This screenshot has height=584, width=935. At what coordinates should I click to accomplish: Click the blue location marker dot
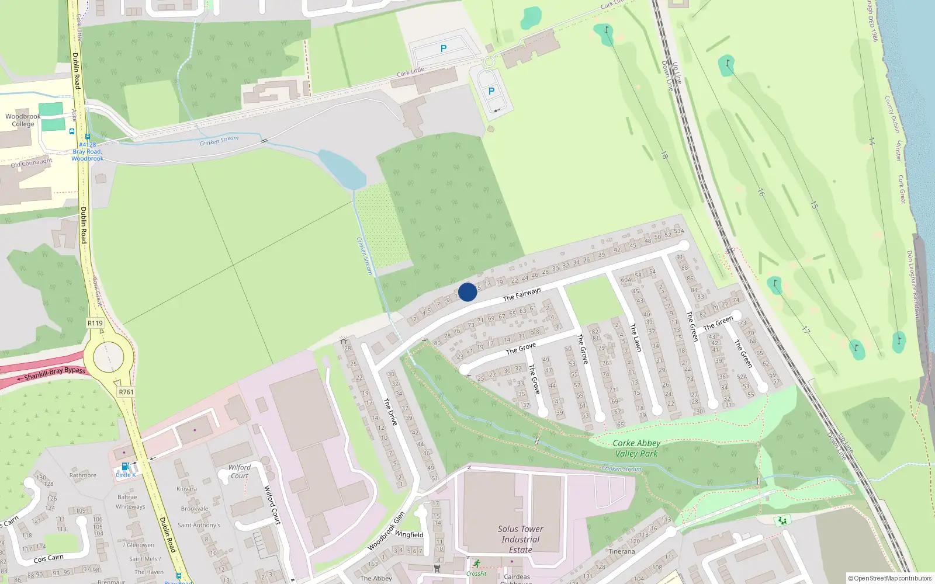point(467,292)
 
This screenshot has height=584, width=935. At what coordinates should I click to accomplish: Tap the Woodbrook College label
point(23,120)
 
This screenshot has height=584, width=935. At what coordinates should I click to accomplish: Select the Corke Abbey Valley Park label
point(636,449)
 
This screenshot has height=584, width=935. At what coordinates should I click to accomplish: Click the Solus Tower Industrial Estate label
point(520,539)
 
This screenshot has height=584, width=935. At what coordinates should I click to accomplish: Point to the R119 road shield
point(95,323)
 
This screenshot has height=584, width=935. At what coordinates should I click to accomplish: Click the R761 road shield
point(126,392)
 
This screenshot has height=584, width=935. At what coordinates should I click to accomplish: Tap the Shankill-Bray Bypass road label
point(55,373)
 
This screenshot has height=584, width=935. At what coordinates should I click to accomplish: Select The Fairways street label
point(522,294)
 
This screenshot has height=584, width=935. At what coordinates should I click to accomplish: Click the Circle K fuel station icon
point(124,466)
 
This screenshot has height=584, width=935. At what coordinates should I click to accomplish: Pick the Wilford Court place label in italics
point(239,471)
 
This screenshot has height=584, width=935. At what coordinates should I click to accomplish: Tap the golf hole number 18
point(664,155)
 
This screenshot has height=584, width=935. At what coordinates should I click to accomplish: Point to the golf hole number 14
point(871,141)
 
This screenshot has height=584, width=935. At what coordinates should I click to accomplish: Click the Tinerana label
point(621,551)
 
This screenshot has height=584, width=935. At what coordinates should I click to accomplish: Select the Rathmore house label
point(83,475)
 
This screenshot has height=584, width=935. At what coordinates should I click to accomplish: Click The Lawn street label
point(636,338)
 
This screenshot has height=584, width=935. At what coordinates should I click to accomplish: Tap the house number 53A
point(678,231)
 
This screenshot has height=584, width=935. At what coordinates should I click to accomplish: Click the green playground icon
point(782,520)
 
